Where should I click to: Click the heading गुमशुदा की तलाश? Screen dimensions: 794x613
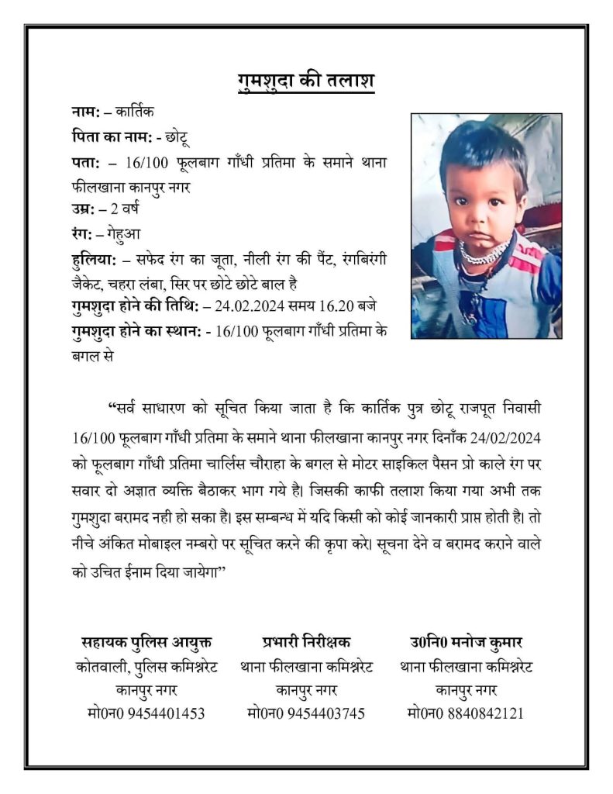[305, 81]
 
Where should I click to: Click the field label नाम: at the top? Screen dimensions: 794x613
[84, 115]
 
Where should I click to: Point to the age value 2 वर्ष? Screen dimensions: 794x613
[122, 210]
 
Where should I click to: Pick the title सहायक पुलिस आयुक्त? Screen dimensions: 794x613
[146, 642]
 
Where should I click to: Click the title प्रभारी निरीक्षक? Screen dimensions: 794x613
[306, 642]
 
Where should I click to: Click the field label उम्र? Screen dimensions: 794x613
[82, 210]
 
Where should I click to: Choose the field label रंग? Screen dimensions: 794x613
[81, 233]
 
